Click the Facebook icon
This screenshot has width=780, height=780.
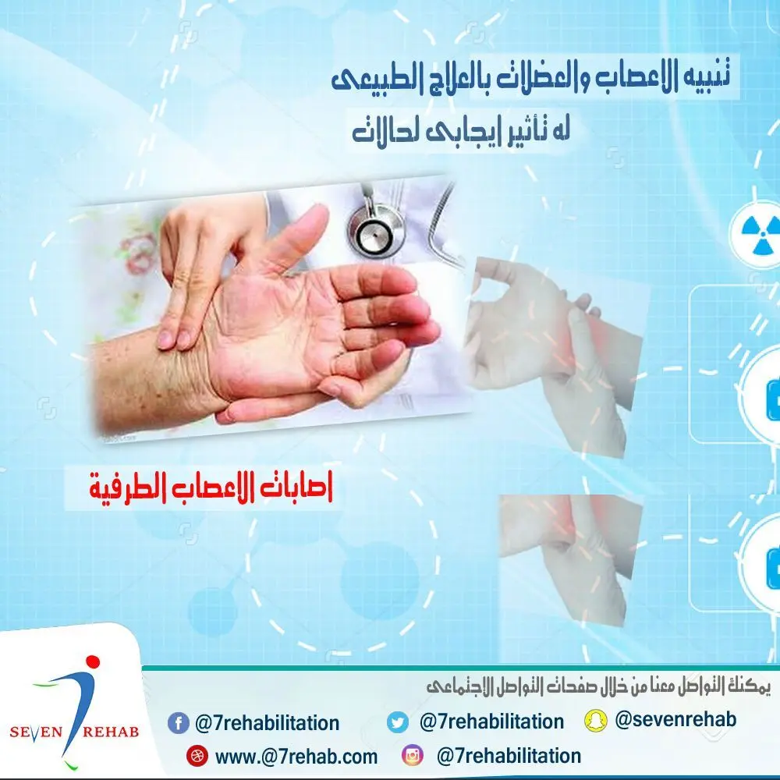click(x=179, y=723)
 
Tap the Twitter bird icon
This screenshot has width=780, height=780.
click(x=398, y=722)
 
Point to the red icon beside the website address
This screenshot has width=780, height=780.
click(x=196, y=756)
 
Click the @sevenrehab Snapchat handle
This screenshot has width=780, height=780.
click(x=675, y=719)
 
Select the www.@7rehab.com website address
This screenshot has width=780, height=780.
click(x=296, y=756)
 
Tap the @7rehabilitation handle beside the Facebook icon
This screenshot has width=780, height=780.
click(x=267, y=723)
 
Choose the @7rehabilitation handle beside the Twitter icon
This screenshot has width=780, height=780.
click(x=491, y=721)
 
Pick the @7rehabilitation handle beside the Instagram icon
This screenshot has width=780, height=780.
click(x=509, y=756)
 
